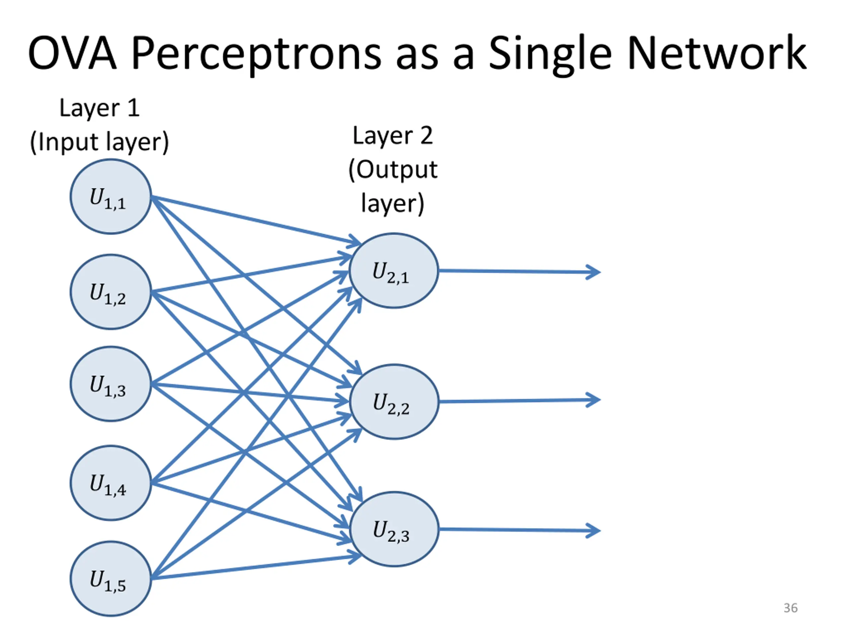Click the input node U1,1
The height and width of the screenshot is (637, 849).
(110, 197)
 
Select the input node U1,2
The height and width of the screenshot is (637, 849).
(110, 292)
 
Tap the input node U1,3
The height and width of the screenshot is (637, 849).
(110, 384)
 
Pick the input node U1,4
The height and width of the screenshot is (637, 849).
(110, 483)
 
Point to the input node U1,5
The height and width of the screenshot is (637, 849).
(110, 579)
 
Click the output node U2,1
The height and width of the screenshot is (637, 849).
(394, 271)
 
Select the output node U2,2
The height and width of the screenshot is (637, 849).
(394, 402)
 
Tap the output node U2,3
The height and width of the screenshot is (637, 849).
(394, 529)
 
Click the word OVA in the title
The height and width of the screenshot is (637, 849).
(72, 53)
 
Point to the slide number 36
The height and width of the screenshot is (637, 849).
(790, 608)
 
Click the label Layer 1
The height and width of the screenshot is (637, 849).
(99, 108)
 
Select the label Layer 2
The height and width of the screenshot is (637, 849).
(393, 136)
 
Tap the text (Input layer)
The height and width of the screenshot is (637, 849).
(99, 142)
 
